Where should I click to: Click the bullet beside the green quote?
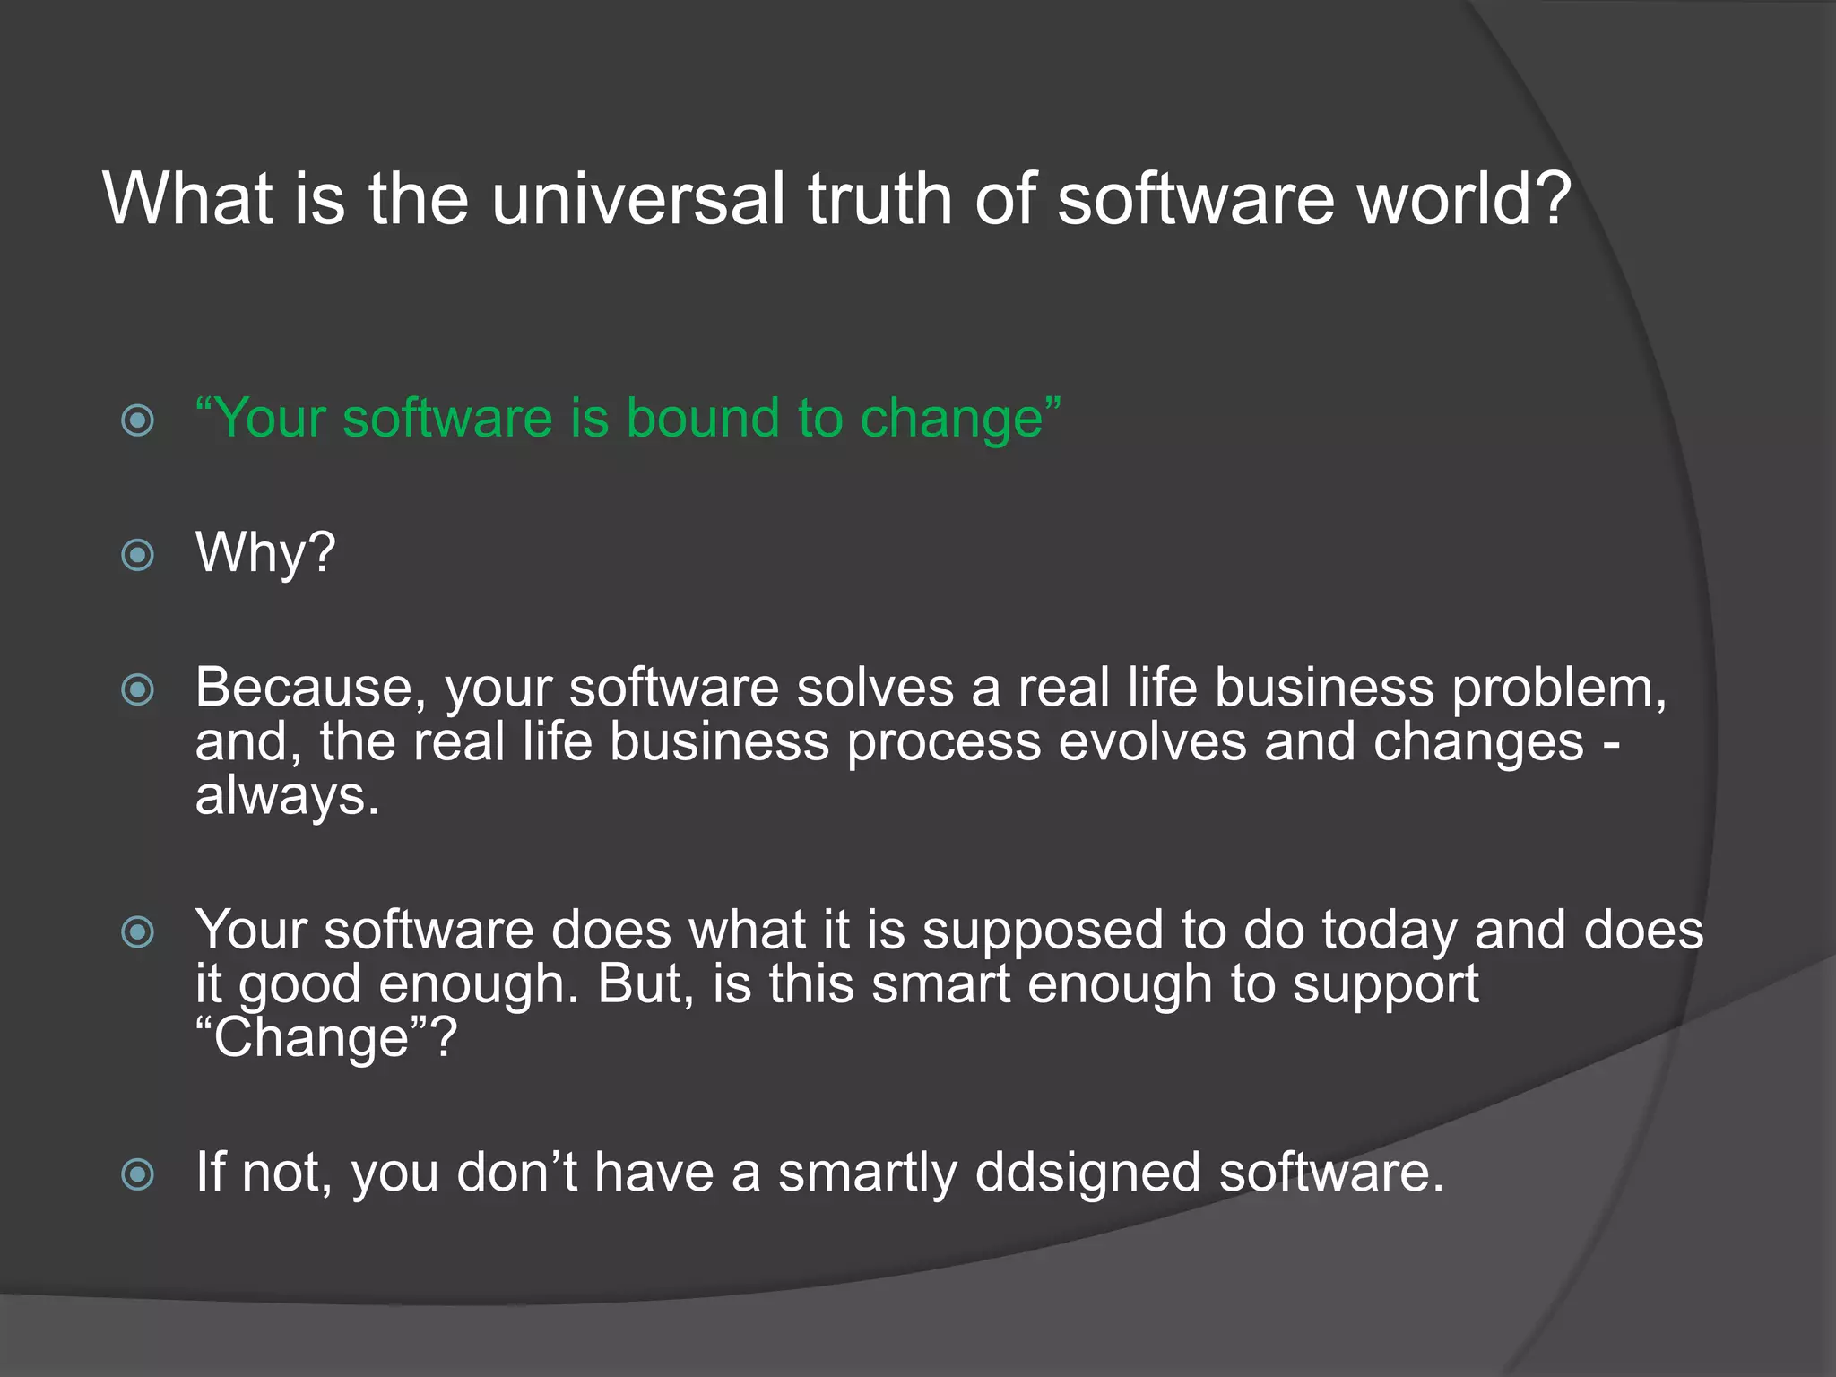click(138, 420)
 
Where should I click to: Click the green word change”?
click(960, 420)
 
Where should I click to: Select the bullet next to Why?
click(138, 555)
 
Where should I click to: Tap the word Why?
click(265, 552)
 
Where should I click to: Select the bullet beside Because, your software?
click(138, 689)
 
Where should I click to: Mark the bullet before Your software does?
click(138, 931)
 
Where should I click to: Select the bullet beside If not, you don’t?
click(138, 1173)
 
